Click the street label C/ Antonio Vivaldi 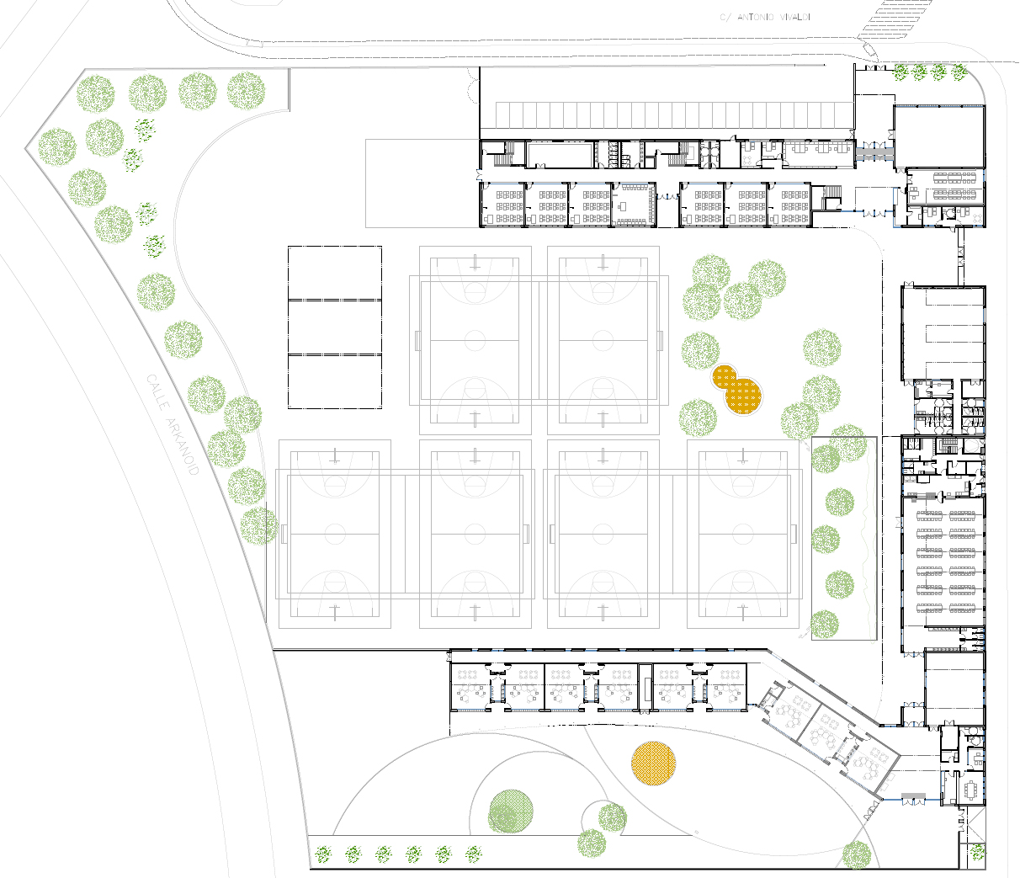pos(765,17)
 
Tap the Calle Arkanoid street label pos(173,425)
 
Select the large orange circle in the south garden pos(653,764)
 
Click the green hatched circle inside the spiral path pos(511,811)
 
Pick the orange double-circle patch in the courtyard pos(737,390)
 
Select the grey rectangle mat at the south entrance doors pos(913,796)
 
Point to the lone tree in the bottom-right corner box pos(977,852)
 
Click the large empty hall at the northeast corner pos(938,135)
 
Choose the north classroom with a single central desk pos(634,205)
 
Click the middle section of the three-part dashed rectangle pos(335,327)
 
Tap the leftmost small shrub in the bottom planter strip pos(322,855)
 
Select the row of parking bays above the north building pos(673,114)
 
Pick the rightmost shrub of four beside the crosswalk pos(959,72)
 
